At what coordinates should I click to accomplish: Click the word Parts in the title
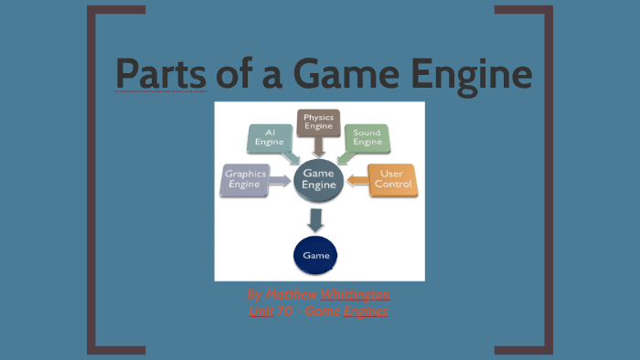(x=161, y=74)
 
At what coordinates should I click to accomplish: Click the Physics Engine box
(x=319, y=122)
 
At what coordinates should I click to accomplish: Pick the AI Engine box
(x=270, y=138)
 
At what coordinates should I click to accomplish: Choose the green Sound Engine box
(x=368, y=138)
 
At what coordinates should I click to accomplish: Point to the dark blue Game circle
(x=319, y=255)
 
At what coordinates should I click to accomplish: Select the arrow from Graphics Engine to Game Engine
(x=279, y=183)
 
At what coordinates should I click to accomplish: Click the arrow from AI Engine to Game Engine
(x=291, y=155)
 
